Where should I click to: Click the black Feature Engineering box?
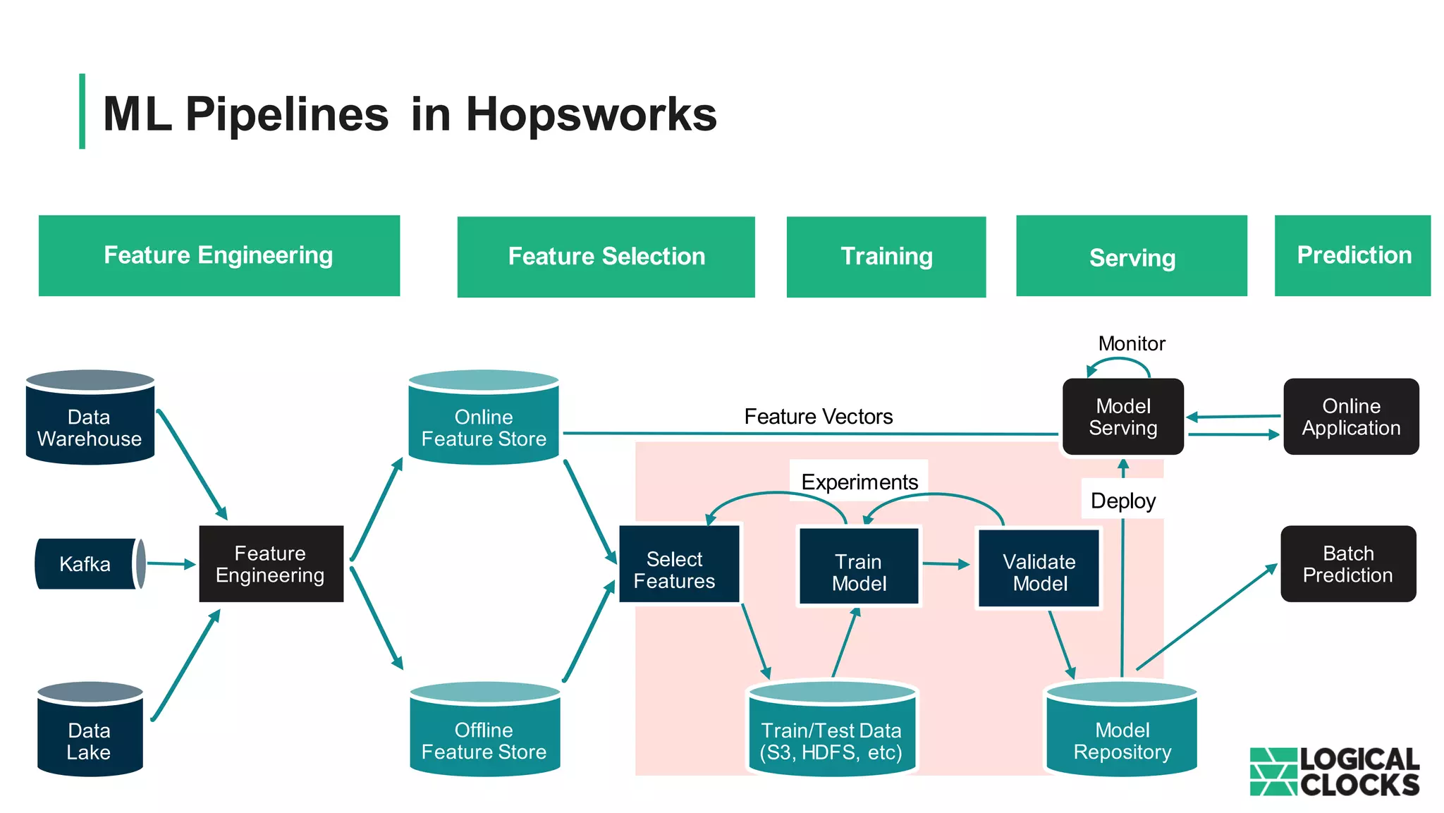271,563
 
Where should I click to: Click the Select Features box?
678,564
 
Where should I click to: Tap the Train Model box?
858,567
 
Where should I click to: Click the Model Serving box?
1122,417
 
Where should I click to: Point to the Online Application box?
1350,417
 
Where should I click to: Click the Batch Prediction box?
1347,563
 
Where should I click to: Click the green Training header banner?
886,257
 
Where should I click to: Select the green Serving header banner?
1131,257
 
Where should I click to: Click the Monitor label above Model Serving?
1131,343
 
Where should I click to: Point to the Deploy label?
1122,501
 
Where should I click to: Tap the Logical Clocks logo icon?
1273,771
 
